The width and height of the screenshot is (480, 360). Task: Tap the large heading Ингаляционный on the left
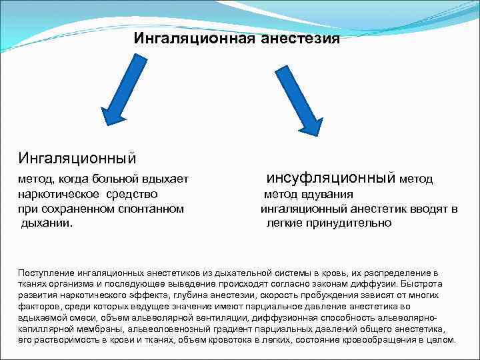(x=77, y=158)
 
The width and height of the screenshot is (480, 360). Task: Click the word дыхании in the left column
(x=47, y=223)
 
